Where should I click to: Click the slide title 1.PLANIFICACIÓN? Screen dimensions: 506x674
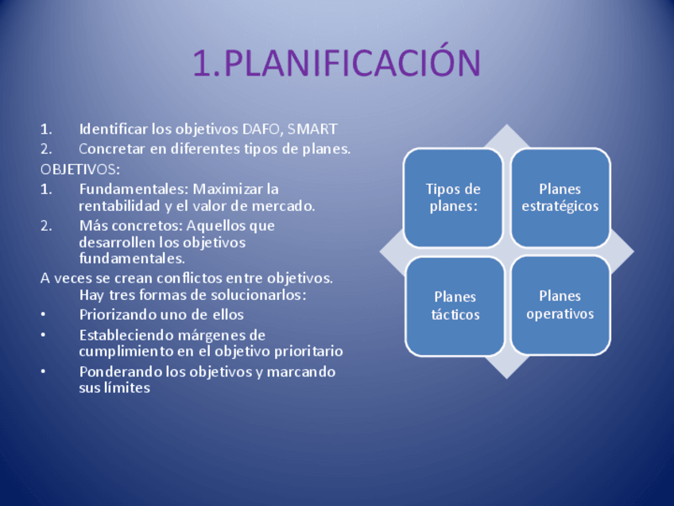click(337, 64)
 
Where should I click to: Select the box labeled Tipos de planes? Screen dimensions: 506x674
click(453, 197)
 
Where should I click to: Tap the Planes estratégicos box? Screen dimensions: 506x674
click(560, 197)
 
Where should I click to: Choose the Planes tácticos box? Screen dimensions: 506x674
click(455, 306)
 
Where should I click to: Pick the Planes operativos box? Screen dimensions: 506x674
click(560, 305)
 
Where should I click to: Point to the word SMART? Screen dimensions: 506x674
click(313, 129)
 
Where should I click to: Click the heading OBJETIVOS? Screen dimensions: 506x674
click(80, 169)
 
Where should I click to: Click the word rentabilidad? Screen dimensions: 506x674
click(118, 206)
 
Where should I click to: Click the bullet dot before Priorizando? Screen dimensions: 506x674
click(44, 315)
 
